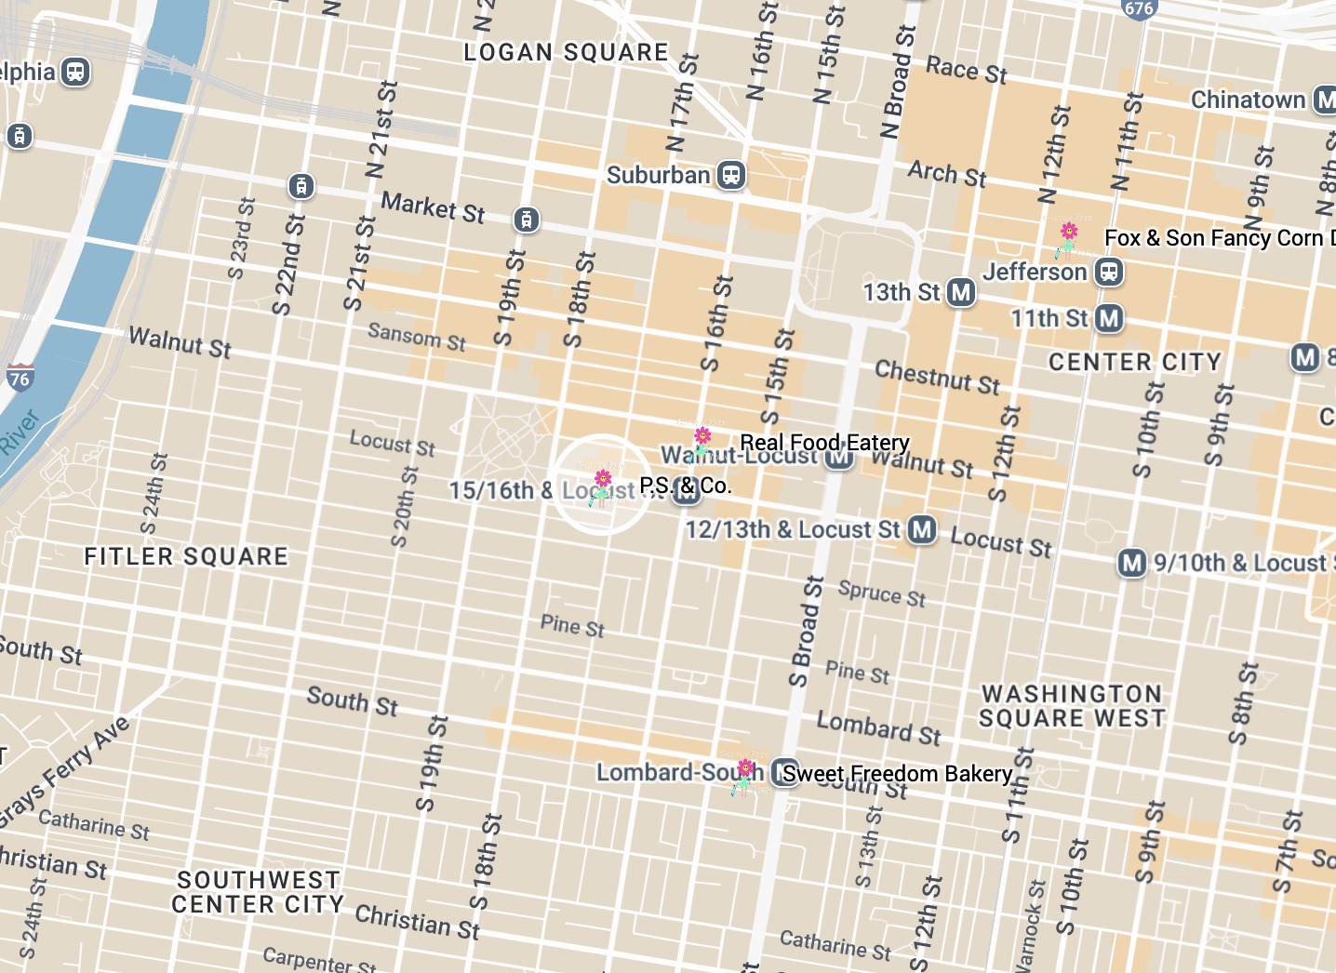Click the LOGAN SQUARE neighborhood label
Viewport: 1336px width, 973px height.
566,52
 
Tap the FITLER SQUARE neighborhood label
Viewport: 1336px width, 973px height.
186,556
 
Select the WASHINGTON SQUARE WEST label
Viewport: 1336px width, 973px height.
1072,706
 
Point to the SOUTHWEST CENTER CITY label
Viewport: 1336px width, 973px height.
258,892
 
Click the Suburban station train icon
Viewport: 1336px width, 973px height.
731,175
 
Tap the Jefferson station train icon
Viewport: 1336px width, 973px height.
1108,272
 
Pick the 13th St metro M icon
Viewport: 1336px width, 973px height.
960,292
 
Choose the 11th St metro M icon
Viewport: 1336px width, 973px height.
1108,318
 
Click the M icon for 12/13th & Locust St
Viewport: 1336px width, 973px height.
921,529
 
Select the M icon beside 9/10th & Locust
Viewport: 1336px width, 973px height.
1131,563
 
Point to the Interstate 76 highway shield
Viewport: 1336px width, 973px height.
20,376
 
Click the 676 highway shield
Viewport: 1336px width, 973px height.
1139,8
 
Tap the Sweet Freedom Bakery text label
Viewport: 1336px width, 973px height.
897,774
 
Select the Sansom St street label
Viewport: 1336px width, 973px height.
416,336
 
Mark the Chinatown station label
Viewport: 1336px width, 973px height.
1248,100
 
